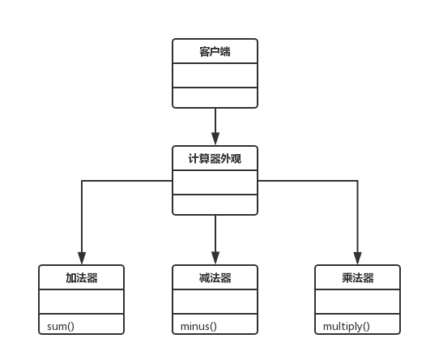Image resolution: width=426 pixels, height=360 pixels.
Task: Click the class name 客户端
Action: point(215,52)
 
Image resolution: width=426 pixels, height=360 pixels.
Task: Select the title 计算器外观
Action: point(215,159)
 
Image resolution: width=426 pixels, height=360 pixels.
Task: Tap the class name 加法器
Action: point(82,278)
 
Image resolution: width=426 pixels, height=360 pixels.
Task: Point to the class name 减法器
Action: point(215,278)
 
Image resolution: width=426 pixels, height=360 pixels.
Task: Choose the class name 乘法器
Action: point(357,278)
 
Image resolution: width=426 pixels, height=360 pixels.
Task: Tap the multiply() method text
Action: point(346,326)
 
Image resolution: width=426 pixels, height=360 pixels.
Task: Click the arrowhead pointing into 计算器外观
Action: point(215,139)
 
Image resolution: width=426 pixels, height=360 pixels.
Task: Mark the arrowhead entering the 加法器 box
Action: point(82,259)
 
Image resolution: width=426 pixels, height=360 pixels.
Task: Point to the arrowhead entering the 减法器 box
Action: point(215,259)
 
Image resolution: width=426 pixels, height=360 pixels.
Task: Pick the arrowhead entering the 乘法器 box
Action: point(357,259)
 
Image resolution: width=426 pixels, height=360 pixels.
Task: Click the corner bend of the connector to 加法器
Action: point(82,181)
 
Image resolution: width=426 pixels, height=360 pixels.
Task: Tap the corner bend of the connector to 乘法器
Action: point(357,181)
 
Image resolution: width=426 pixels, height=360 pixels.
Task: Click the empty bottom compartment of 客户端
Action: point(215,97)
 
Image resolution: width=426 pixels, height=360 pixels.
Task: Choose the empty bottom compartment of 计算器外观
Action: point(215,204)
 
